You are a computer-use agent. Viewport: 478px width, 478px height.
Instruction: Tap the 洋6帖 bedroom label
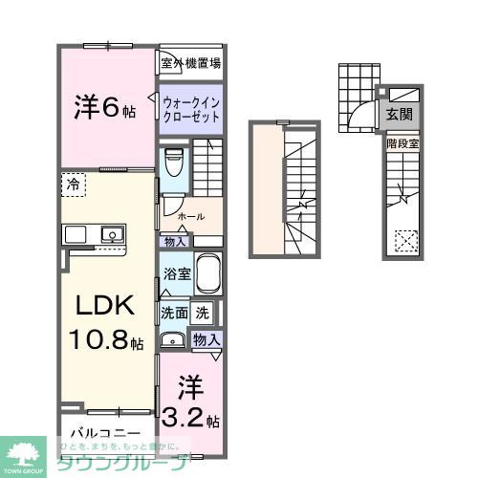(103, 106)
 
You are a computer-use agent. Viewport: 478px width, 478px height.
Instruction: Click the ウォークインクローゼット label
(190, 109)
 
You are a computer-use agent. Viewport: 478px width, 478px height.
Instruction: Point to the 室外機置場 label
(190, 63)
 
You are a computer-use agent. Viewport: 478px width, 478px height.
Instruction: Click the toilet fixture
(173, 163)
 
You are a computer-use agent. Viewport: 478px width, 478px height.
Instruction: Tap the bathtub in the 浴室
(208, 276)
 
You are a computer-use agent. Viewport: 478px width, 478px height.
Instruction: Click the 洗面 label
(173, 312)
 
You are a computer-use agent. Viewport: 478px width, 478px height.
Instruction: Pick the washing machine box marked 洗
(203, 312)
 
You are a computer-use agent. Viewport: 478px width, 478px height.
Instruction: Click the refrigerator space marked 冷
(74, 183)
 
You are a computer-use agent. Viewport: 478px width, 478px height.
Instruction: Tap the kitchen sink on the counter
(111, 233)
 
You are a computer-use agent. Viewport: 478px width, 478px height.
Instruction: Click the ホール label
(190, 216)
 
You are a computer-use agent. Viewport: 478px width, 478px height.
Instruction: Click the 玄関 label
(400, 114)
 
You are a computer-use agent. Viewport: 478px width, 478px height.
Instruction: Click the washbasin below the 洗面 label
(173, 339)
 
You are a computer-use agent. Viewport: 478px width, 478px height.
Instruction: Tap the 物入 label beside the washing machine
(206, 339)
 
